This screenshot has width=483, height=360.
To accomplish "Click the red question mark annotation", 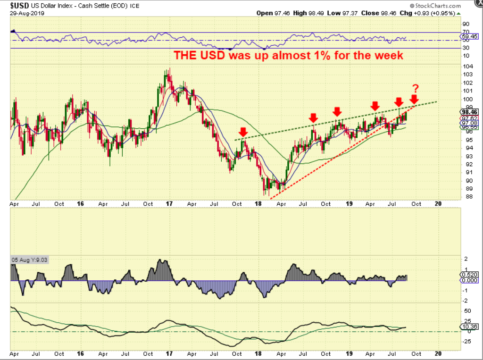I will click(x=416, y=88).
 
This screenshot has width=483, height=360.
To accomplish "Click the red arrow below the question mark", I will click(x=414, y=100).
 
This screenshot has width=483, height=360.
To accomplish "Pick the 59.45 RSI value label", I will click(x=470, y=36).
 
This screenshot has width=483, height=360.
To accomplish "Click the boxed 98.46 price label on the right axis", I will click(x=470, y=112).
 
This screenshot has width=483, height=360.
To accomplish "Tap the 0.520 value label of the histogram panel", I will click(x=470, y=274).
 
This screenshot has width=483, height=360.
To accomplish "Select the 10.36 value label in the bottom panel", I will click(x=470, y=326).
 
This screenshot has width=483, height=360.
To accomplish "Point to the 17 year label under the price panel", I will click(x=168, y=204).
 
